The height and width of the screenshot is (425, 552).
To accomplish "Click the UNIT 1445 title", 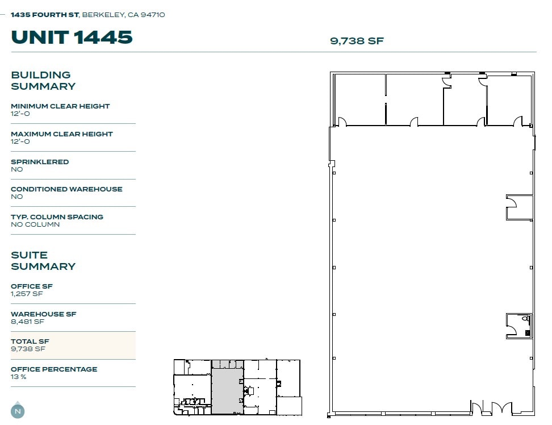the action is coord(72,37).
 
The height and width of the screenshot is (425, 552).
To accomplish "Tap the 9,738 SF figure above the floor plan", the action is coord(357,41).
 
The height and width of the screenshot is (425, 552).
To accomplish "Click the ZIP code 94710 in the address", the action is coord(153,15).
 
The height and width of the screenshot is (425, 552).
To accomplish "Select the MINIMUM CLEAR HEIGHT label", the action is coord(60,106).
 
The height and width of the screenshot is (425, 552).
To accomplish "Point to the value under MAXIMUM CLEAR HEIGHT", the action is coord(20,141).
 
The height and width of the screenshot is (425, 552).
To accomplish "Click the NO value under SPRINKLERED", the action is coord(17,169).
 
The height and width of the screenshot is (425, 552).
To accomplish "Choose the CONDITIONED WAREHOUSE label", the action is coord(66,189).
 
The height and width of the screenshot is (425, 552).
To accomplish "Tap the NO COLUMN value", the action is coord(35,224).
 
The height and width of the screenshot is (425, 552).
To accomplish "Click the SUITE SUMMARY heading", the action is coord(43,261).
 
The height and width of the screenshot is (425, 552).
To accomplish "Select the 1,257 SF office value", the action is coord(27,294).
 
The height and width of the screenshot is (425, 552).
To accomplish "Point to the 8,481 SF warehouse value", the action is coord(27,322).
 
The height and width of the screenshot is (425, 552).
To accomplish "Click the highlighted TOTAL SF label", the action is coord(30,341).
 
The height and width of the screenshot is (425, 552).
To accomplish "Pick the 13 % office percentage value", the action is coord(19,377).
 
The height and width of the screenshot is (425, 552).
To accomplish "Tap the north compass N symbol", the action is coord(18,411).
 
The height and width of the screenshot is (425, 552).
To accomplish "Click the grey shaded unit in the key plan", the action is coord(227,391).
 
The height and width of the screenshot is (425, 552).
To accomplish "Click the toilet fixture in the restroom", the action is coord(526,319).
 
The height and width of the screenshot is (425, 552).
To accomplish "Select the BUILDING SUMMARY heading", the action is coord(43,81).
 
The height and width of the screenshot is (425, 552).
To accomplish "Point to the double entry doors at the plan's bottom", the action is coord(491,407).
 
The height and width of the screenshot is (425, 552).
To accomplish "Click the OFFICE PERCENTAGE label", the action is coord(54,369).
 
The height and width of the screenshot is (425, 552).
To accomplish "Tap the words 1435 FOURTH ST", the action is coord(45,15).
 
